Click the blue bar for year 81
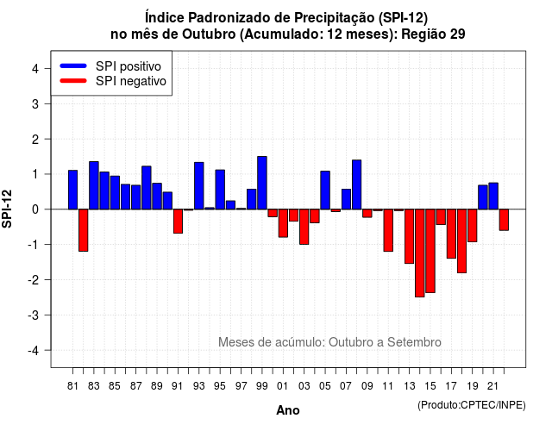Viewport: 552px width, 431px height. point(72,190)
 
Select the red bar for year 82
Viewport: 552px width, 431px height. point(84,230)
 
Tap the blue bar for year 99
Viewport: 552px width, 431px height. point(262,183)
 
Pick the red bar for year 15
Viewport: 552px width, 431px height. point(430,251)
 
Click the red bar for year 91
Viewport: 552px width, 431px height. point(179,221)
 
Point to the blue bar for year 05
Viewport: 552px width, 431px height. point(325,191)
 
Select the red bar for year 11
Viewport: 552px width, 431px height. point(388,230)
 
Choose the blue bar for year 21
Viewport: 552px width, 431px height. point(493,196)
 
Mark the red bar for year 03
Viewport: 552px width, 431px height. point(304,227)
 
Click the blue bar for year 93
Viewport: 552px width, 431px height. point(199,186)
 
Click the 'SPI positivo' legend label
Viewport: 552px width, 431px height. point(129,66)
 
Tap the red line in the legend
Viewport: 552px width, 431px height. point(73,81)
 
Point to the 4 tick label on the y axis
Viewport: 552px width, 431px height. point(35,69)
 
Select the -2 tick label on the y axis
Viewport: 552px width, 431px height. point(34,279)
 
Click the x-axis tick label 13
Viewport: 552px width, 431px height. point(410,386)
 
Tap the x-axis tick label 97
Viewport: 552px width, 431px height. point(241,386)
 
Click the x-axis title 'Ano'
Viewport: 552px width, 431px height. point(288,410)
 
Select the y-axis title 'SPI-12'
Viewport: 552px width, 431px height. point(7,209)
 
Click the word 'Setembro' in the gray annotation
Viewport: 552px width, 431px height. point(414,342)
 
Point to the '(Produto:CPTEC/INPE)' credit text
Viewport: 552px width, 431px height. point(472,405)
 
